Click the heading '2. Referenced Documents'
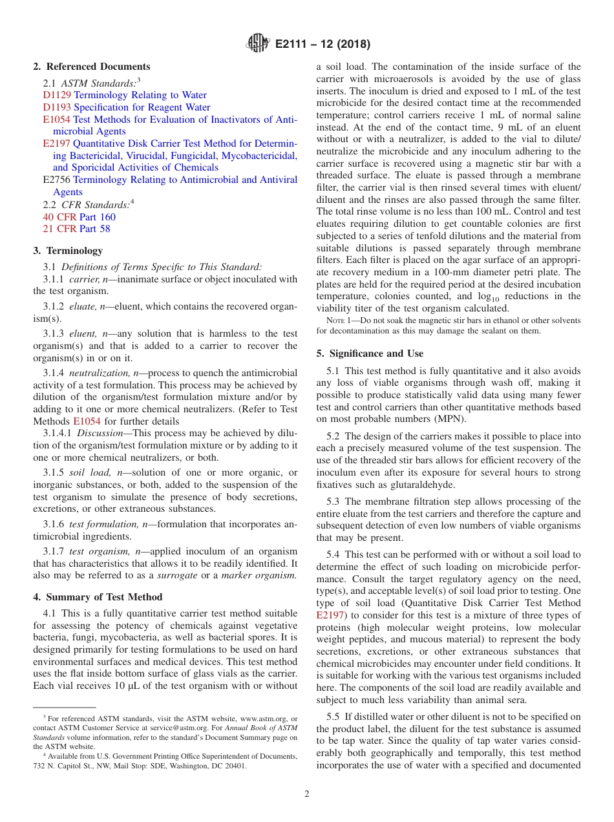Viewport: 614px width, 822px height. pos(92,67)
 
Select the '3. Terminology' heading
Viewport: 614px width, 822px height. pos(68,251)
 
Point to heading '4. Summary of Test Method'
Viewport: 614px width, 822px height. pos(98,597)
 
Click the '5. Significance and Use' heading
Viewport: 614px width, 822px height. pos(370,353)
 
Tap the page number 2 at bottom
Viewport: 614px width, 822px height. pos(307,794)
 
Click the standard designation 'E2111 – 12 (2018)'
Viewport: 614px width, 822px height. pos(323,45)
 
